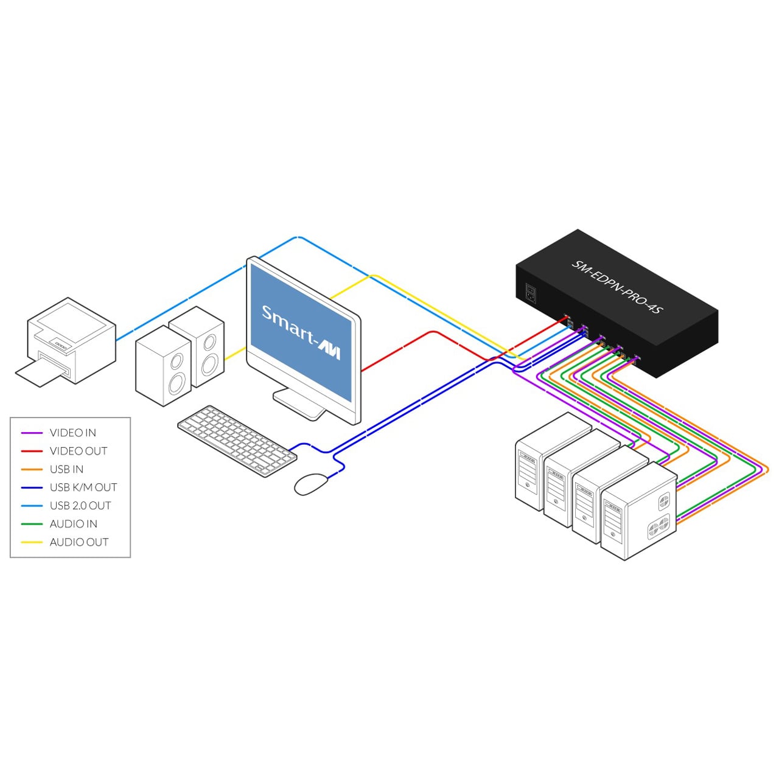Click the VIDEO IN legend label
point(72,433)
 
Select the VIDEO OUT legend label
point(79,451)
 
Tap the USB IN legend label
point(66,469)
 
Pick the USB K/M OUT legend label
point(83,487)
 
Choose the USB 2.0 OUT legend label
point(80,506)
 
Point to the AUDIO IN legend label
point(73,524)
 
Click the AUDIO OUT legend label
point(79,542)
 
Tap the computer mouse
point(310,484)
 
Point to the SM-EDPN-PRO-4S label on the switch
point(617,287)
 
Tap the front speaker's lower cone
point(176,384)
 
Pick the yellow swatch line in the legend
point(32,542)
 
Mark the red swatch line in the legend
point(32,451)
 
